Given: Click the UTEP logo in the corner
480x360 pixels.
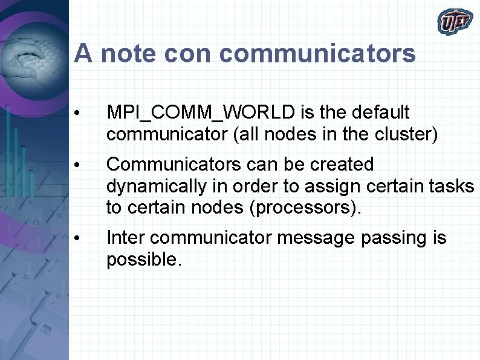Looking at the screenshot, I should pos(455,22).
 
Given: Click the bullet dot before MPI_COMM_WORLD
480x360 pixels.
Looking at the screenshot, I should pos(76,114).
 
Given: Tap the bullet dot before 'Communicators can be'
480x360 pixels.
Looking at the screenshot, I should pos(76,165).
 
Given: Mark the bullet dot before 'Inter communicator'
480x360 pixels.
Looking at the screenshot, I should pos(76,239).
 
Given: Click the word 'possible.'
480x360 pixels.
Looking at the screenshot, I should pos(143,260).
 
